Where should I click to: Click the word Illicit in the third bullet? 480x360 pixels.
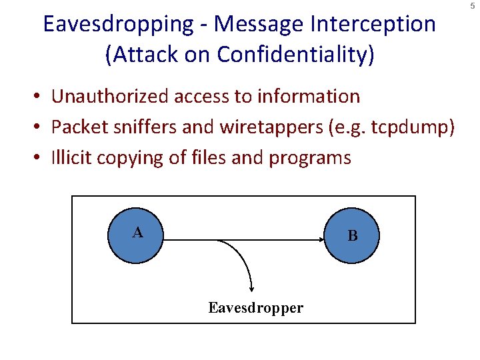(x=71, y=158)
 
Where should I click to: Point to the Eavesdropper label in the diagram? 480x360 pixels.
(x=255, y=308)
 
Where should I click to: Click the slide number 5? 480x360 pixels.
(x=471, y=6)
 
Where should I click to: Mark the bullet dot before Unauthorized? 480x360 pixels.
(x=41, y=97)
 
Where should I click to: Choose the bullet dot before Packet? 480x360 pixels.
(x=41, y=128)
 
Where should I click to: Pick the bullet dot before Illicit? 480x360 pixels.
(x=41, y=159)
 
